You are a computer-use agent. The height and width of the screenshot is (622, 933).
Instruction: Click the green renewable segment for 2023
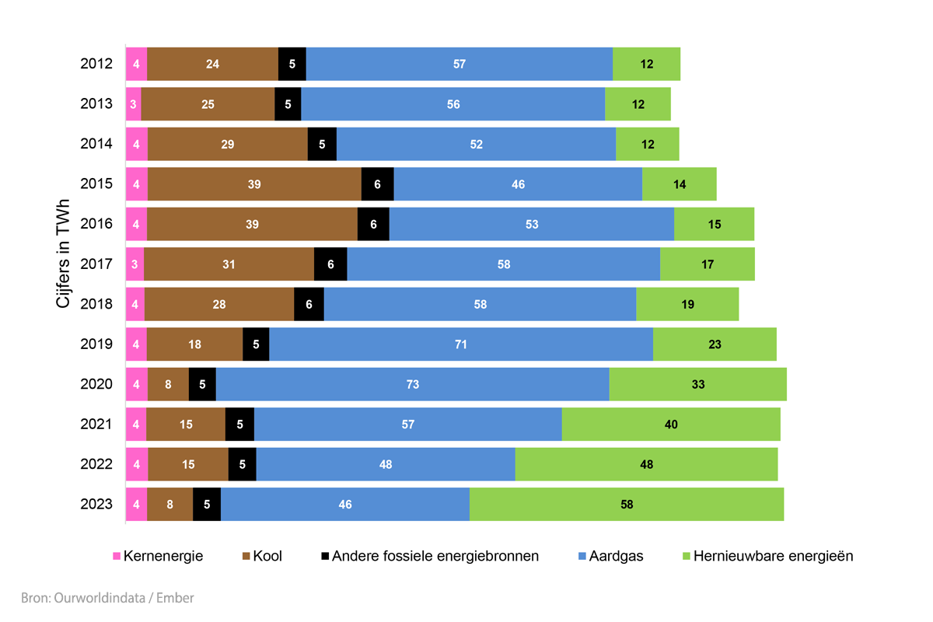(x=627, y=505)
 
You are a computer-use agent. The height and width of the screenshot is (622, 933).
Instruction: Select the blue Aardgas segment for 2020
(x=412, y=384)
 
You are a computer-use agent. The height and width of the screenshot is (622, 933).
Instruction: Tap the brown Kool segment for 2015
(x=254, y=184)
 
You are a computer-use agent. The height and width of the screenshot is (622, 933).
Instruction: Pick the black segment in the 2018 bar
(x=309, y=304)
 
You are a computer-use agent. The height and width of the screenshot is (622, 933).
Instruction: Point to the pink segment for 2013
(x=134, y=104)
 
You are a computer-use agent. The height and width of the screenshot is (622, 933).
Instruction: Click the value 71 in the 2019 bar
(x=461, y=344)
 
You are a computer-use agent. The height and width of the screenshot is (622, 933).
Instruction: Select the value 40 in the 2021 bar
(x=671, y=425)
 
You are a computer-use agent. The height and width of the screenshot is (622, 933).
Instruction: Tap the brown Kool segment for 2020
(x=169, y=384)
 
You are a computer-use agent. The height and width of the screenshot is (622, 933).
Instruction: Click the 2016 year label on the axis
(x=96, y=224)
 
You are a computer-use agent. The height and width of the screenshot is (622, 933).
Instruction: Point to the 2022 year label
(x=96, y=464)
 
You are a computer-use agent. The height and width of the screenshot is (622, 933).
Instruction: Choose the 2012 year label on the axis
(x=96, y=64)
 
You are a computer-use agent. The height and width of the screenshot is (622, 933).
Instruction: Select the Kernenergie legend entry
(x=159, y=556)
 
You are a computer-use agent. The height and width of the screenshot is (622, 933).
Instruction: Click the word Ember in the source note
(x=176, y=598)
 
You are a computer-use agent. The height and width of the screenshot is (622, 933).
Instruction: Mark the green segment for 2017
(x=707, y=264)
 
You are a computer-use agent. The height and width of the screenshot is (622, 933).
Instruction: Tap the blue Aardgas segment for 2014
(x=476, y=144)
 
